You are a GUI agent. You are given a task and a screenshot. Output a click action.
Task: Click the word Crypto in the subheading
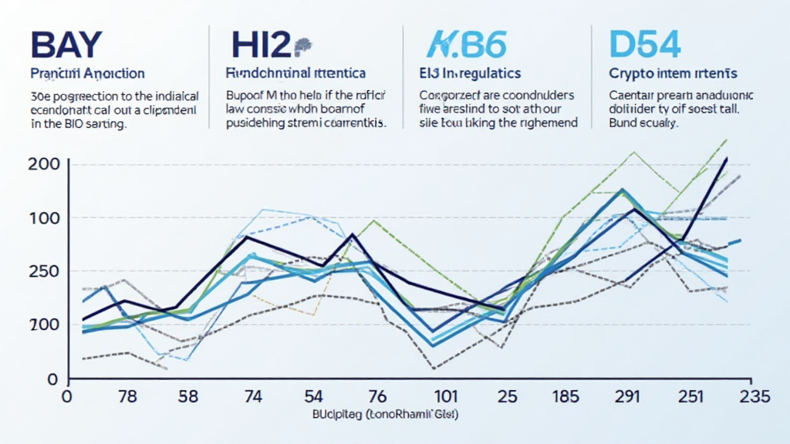(628, 74)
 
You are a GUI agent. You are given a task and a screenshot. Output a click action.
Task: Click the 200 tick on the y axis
(44, 163)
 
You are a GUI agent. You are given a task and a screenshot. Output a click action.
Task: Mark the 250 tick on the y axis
(44, 271)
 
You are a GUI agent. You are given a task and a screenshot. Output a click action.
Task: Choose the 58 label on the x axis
(188, 398)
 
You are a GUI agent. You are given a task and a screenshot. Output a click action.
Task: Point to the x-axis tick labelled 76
(376, 398)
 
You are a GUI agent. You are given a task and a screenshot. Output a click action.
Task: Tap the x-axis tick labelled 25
(506, 398)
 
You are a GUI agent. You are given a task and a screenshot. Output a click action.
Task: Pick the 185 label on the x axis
(566, 398)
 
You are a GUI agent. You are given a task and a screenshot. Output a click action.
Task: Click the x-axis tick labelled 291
(628, 398)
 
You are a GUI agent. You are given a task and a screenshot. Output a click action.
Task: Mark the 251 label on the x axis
(691, 398)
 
